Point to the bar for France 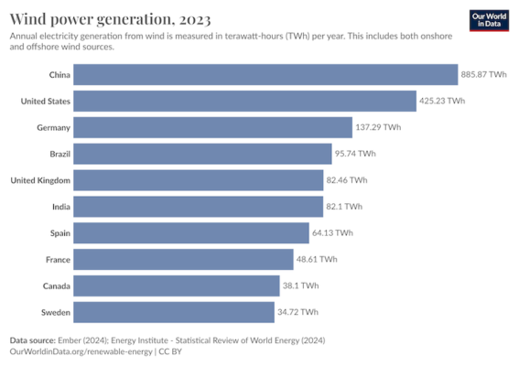[183, 260]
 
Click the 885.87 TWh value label [484, 74]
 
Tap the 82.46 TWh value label [347, 180]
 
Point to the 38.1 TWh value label [301, 286]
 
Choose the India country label [60, 207]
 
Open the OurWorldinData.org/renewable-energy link [79, 351]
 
